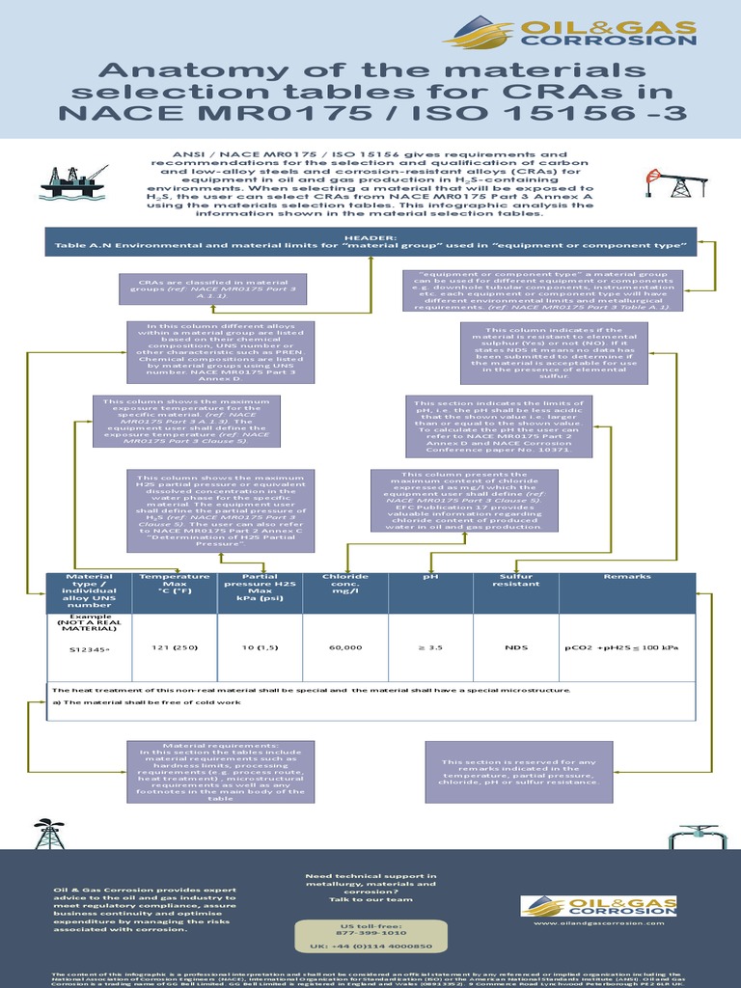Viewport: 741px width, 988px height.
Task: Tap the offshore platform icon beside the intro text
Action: [73, 178]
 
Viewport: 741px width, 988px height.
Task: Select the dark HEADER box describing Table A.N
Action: [370, 242]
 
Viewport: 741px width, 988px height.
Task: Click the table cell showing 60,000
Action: [344, 647]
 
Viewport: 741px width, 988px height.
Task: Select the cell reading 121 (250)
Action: [175, 647]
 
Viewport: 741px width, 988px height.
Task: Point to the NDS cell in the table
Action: [515, 647]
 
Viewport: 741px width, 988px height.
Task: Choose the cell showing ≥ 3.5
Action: [429, 647]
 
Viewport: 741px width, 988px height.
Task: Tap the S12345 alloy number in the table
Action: [90, 649]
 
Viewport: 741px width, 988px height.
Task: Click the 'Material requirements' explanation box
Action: [220, 772]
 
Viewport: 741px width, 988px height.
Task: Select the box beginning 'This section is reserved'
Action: [519, 772]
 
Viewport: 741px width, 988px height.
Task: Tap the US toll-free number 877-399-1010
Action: [370, 934]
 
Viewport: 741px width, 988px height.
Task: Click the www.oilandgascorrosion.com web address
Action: [599, 922]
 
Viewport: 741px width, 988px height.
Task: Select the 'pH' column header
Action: [430, 577]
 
